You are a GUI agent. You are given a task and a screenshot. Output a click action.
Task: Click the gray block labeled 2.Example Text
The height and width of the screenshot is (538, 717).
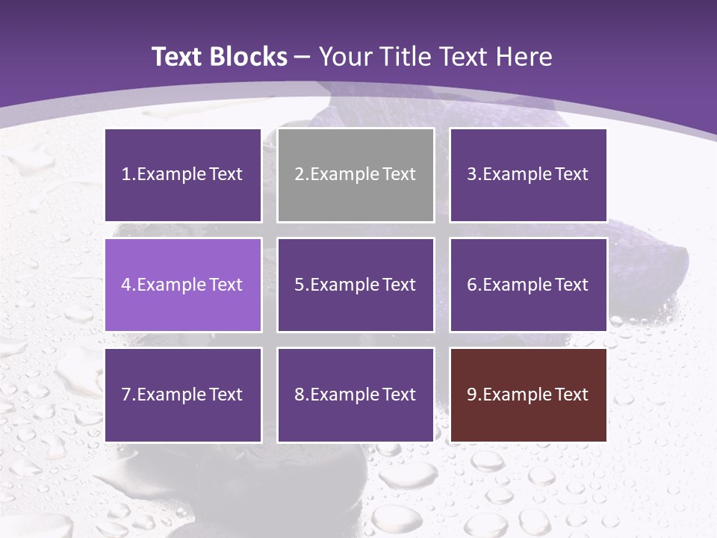(356, 175)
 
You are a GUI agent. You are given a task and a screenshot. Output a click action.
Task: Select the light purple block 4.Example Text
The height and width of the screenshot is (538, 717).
(183, 285)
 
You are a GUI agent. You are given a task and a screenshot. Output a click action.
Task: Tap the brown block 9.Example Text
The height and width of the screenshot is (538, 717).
(528, 395)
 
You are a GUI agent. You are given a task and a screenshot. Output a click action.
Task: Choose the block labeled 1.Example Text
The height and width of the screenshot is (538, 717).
(183, 175)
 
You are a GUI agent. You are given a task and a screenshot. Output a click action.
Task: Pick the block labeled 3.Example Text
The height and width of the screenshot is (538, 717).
(528, 175)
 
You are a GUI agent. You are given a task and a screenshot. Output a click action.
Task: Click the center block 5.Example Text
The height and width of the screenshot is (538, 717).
(356, 285)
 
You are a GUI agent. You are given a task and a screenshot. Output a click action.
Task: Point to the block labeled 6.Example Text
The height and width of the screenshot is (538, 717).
(528, 285)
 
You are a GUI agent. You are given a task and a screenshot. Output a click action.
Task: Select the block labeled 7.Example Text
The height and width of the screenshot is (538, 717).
(183, 395)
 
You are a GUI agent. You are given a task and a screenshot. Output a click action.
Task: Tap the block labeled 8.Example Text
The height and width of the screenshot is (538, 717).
(356, 395)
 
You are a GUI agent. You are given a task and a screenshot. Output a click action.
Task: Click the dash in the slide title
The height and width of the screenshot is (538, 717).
(302, 58)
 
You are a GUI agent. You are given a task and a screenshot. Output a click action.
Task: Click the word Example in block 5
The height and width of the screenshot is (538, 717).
(343, 285)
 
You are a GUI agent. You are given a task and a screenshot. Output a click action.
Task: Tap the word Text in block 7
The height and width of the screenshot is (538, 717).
(226, 395)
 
